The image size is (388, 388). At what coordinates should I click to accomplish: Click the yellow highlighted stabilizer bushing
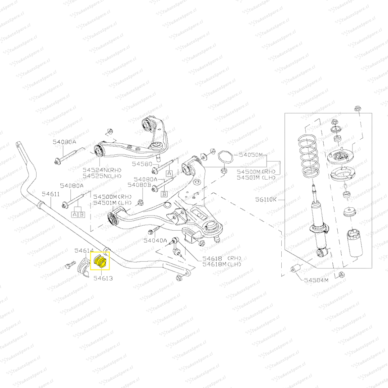click(100, 261)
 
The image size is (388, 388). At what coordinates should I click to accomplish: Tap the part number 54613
click(103, 278)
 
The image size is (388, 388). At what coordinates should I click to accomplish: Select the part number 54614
click(84, 250)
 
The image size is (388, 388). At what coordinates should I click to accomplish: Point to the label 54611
click(51, 194)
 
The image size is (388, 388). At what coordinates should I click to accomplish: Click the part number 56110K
click(266, 199)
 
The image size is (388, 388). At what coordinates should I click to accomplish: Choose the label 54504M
click(316, 280)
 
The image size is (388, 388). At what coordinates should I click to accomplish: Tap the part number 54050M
click(251, 155)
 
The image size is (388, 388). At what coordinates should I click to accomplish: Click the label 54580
click(142, 164)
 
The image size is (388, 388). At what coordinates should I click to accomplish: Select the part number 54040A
click(156, 240)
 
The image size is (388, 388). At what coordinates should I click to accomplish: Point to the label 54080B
click(139, 185)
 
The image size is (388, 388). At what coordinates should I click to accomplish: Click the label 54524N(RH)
click(102, 170)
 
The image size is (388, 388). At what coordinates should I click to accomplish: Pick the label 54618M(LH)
click(222, 264)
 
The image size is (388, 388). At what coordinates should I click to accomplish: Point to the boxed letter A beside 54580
click(170, 173)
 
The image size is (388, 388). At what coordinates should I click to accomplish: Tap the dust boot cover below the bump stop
click(355, 244)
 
